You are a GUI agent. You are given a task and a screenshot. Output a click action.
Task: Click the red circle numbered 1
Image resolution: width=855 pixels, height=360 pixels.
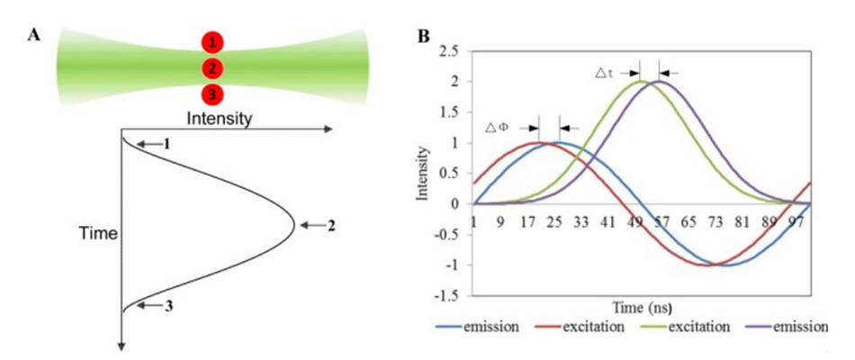coord(212,41)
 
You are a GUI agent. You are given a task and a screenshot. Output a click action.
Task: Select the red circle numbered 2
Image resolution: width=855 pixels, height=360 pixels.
coord(212,68)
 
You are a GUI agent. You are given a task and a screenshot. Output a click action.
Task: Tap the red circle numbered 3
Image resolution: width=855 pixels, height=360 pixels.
coord(212,94)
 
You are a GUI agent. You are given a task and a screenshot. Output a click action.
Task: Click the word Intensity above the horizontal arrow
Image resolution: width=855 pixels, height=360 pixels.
coord(218,118)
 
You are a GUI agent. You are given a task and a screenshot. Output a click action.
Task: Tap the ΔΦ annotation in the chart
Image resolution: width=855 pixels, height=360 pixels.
coord(497,128)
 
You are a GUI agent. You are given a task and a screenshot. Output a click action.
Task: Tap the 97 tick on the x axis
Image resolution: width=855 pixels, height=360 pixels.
coord(796,221)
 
